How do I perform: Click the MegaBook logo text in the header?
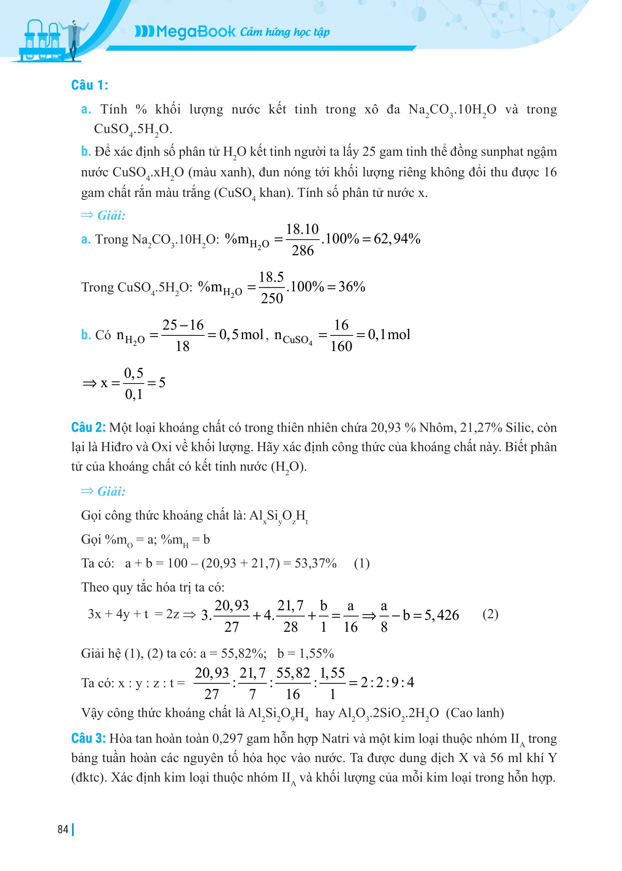coord(185,32)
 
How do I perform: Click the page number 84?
coord(63,829)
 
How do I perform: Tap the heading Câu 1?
coord(89,85)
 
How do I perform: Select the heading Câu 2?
coord(88,427)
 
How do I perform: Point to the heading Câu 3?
coord(88,738)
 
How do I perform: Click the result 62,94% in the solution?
coord(397,239)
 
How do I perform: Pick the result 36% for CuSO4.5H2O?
coord(352,286)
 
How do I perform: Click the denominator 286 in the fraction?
coord(303,250)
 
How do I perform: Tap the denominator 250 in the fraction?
coord(272,298)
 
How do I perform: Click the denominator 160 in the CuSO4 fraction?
coord(341,346)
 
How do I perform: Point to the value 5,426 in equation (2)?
coord(441,615)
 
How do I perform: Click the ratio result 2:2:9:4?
coord(387,682)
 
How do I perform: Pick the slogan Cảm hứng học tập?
coord(285,32)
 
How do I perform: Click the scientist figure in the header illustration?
coord(74,39)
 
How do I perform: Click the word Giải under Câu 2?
coord(111,491)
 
